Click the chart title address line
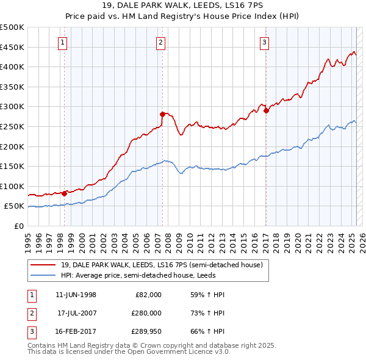tap(182, 7)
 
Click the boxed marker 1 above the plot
tap(63, 42)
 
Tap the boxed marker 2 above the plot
tap(160, 42)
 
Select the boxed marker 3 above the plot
tap(265, 42)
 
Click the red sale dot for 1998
tap(64, 193)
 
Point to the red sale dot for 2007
tap(162, 114)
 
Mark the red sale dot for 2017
tap(267, 110)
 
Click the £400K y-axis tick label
tap(12, 67)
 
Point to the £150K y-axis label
tap(12, 166)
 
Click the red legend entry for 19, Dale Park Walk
tap(161, 265)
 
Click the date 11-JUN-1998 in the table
tap(76, 295)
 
